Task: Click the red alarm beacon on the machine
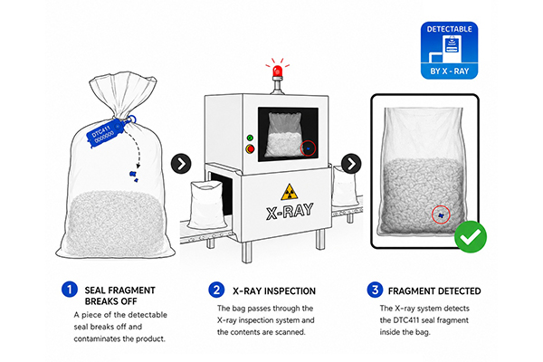(x=277, y=72)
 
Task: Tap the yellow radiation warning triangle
(x=290, y=192)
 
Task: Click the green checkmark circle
(x=471, y=236)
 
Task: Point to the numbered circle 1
(x=70, y=290)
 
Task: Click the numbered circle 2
(x=216, y=290)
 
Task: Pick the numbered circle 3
(x=375, y=290)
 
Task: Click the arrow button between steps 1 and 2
(x=181, y=164)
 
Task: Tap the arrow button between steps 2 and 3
(x=351, y=164)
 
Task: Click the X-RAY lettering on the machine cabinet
(x=290, y=211)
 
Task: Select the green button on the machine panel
(x=250, y=138)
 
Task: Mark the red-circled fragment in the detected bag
(x=441, y=214)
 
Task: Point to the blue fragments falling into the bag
(x=134, y=176)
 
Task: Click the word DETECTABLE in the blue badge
(x=449, y=29)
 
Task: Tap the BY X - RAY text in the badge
(x=449, y=71)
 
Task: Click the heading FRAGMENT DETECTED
(x=434, y=291)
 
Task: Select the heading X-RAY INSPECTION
(x=274, y=291)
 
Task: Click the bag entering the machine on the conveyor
(x=205, y=204)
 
